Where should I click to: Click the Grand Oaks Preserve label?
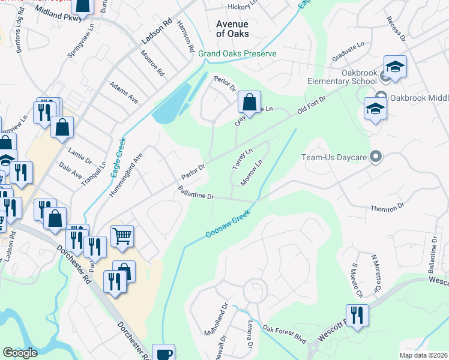click(237, 53)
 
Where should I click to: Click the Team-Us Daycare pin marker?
click(376, 157)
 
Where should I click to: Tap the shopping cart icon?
click(122, 237)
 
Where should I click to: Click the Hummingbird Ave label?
click(127, 173)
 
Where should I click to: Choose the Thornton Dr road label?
click(388, 207)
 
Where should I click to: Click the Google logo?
click(20, 353)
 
